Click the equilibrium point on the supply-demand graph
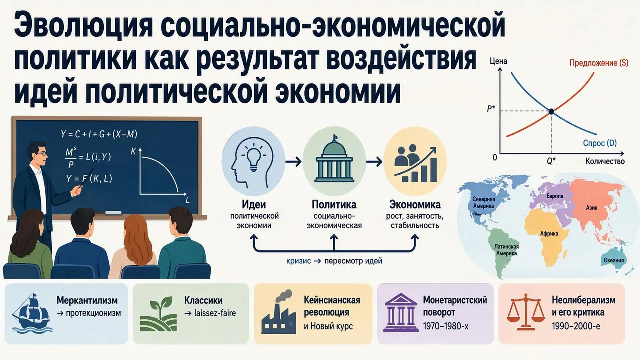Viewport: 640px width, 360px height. click(x=551, y=111)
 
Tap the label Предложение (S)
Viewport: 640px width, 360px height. click(x=599, y=63)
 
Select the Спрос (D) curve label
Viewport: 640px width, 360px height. click(x=600, y=143)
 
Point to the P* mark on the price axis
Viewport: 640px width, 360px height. click(x=491, y=109)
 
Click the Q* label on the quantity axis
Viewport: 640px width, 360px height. click(x=551, y=161)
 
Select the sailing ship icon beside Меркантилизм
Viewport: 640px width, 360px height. click(x=32, y=313)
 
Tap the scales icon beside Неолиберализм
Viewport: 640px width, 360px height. click(x=525, y=312)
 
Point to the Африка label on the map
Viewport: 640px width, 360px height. click(x=549, y=234)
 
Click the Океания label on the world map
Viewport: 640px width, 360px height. click(x=613, y=260)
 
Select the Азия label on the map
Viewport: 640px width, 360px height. click(x=591, y=208)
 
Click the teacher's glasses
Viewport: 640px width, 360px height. click(x=41, y=154)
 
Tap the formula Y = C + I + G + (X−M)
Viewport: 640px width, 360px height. click(x=99, y=134)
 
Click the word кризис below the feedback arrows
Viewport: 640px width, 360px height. click(x=298, y=261)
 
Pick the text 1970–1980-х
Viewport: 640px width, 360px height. click(x=446, y=326)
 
